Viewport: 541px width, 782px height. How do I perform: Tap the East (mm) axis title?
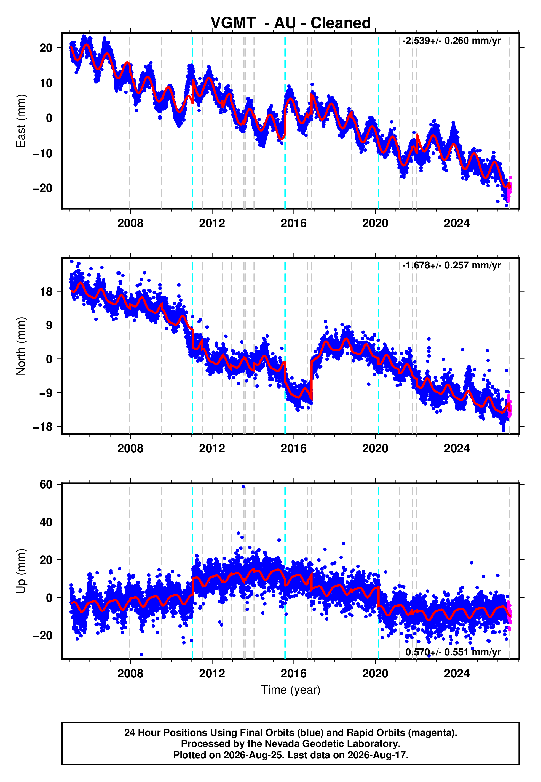click(x=21, y=121)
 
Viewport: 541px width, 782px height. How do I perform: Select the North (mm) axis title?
click(x=21, y=346)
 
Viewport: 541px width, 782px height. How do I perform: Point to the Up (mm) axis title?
click(x=21, y=571)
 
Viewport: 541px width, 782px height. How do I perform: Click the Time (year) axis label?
click(x=291, y=690)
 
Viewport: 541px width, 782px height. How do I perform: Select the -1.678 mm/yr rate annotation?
click(x=451, y=265)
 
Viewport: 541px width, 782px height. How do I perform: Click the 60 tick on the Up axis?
click(x=46, y=485)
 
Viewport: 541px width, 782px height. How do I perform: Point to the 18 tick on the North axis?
click(x=46, y=291)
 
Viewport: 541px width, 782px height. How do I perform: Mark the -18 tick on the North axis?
click(x=43, y=427)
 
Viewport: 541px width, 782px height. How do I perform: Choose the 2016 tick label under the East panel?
click(x=294, y=223)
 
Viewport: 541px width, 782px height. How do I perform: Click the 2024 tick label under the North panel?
click(x=457, y=448)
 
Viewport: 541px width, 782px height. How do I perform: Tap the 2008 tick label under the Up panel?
click(x=130, y=674)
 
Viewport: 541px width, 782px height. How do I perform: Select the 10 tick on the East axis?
click(x=46, y=83)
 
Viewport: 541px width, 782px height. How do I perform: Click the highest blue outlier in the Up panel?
click(x=243, y=487)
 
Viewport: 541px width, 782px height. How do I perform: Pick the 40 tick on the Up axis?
click(x=46, y=522)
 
